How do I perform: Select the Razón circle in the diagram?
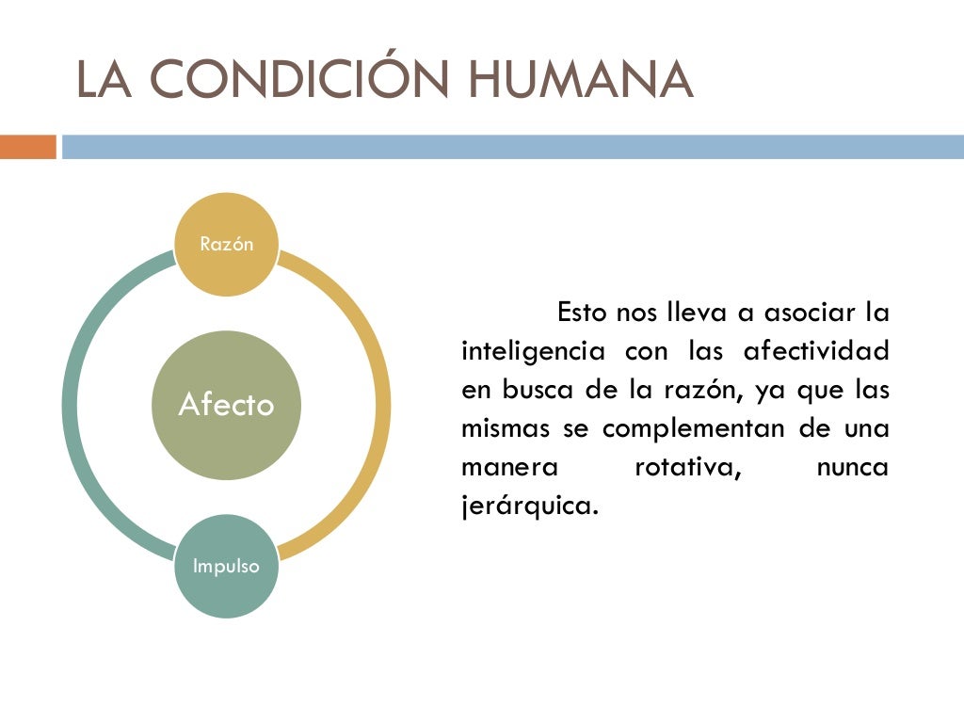pos(227,244)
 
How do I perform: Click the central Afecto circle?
pos(226,405)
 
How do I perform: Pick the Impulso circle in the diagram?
pos(226,567)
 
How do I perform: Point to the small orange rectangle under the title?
pos(28,147)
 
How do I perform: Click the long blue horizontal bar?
pos(513,147)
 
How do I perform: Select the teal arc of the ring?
pos(73,405)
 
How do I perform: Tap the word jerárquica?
pos(529,506)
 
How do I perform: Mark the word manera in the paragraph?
pos(508,467)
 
